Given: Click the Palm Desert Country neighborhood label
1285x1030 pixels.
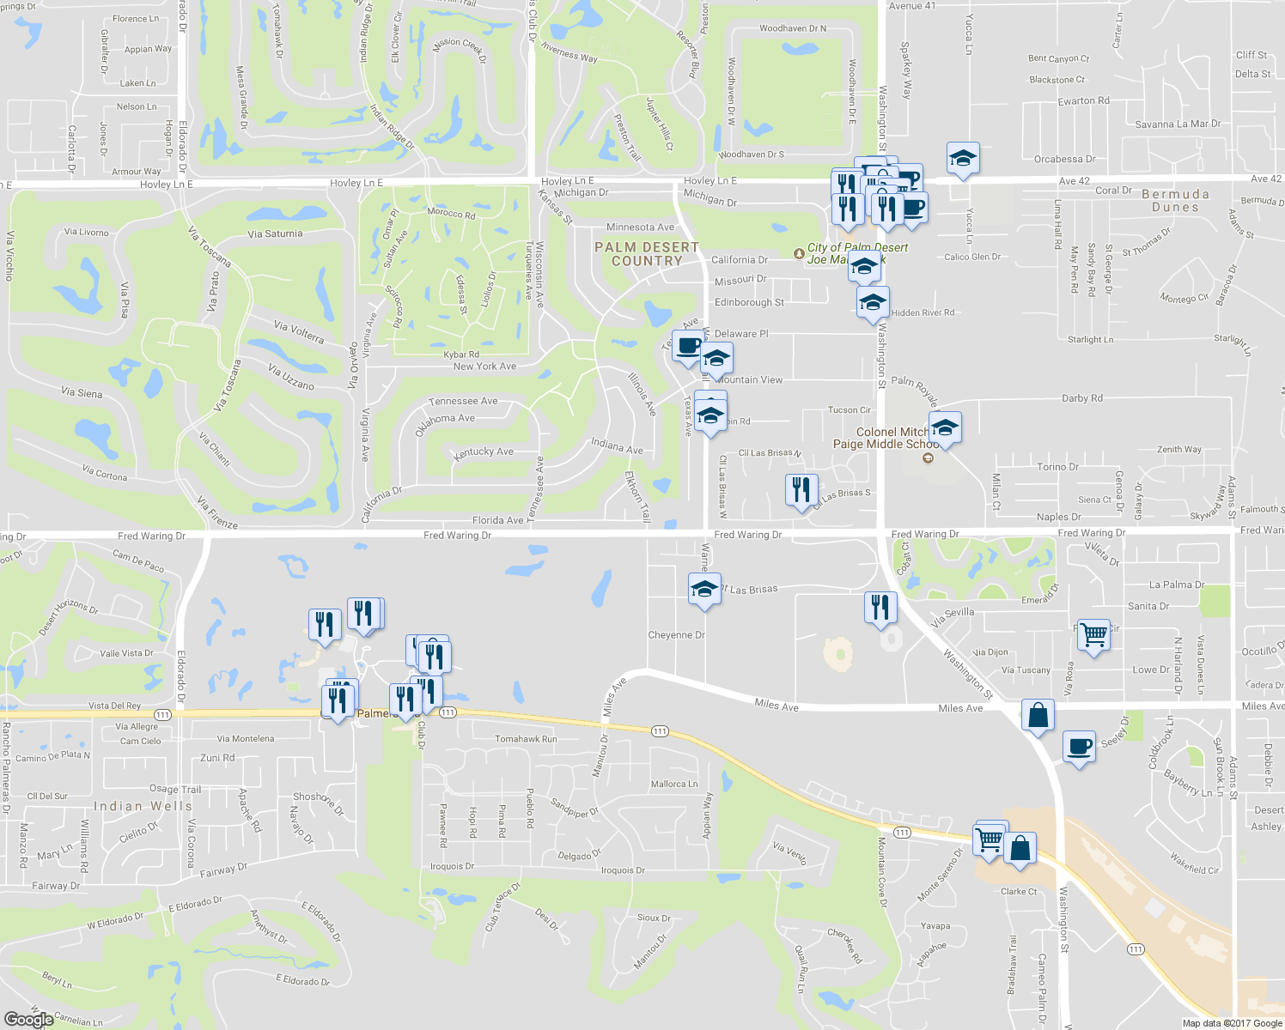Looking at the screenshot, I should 647,254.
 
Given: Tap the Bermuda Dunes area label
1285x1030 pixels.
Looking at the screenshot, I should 1175,200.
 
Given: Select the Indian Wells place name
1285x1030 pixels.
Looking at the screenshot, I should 143,806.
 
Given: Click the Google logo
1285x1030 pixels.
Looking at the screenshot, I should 28,1019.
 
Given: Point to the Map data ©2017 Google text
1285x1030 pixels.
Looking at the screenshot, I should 1232,1022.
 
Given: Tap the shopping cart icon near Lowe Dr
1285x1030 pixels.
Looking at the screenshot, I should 1093,636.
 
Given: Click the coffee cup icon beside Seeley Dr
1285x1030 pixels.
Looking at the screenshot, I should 1079,747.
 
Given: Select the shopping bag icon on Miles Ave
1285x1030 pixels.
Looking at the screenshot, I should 1038,715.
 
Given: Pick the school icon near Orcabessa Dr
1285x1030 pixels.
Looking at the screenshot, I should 963,159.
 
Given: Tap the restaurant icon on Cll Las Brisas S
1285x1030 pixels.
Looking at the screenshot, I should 801,490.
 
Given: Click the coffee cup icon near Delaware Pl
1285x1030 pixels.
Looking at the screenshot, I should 687,347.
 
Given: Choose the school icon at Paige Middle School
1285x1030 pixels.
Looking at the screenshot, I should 945,428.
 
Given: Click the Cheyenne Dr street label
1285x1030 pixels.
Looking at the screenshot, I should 676,635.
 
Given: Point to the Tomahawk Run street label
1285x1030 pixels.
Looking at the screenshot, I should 526,739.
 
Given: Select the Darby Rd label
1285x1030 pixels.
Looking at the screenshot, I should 1081,398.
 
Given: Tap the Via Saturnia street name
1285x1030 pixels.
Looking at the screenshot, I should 275,233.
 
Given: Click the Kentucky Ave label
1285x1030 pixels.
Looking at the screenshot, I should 484,451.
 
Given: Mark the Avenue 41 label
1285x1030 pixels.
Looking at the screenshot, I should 912,6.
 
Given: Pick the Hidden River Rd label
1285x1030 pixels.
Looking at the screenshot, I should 923,312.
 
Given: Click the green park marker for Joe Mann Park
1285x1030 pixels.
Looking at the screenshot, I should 800,254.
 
